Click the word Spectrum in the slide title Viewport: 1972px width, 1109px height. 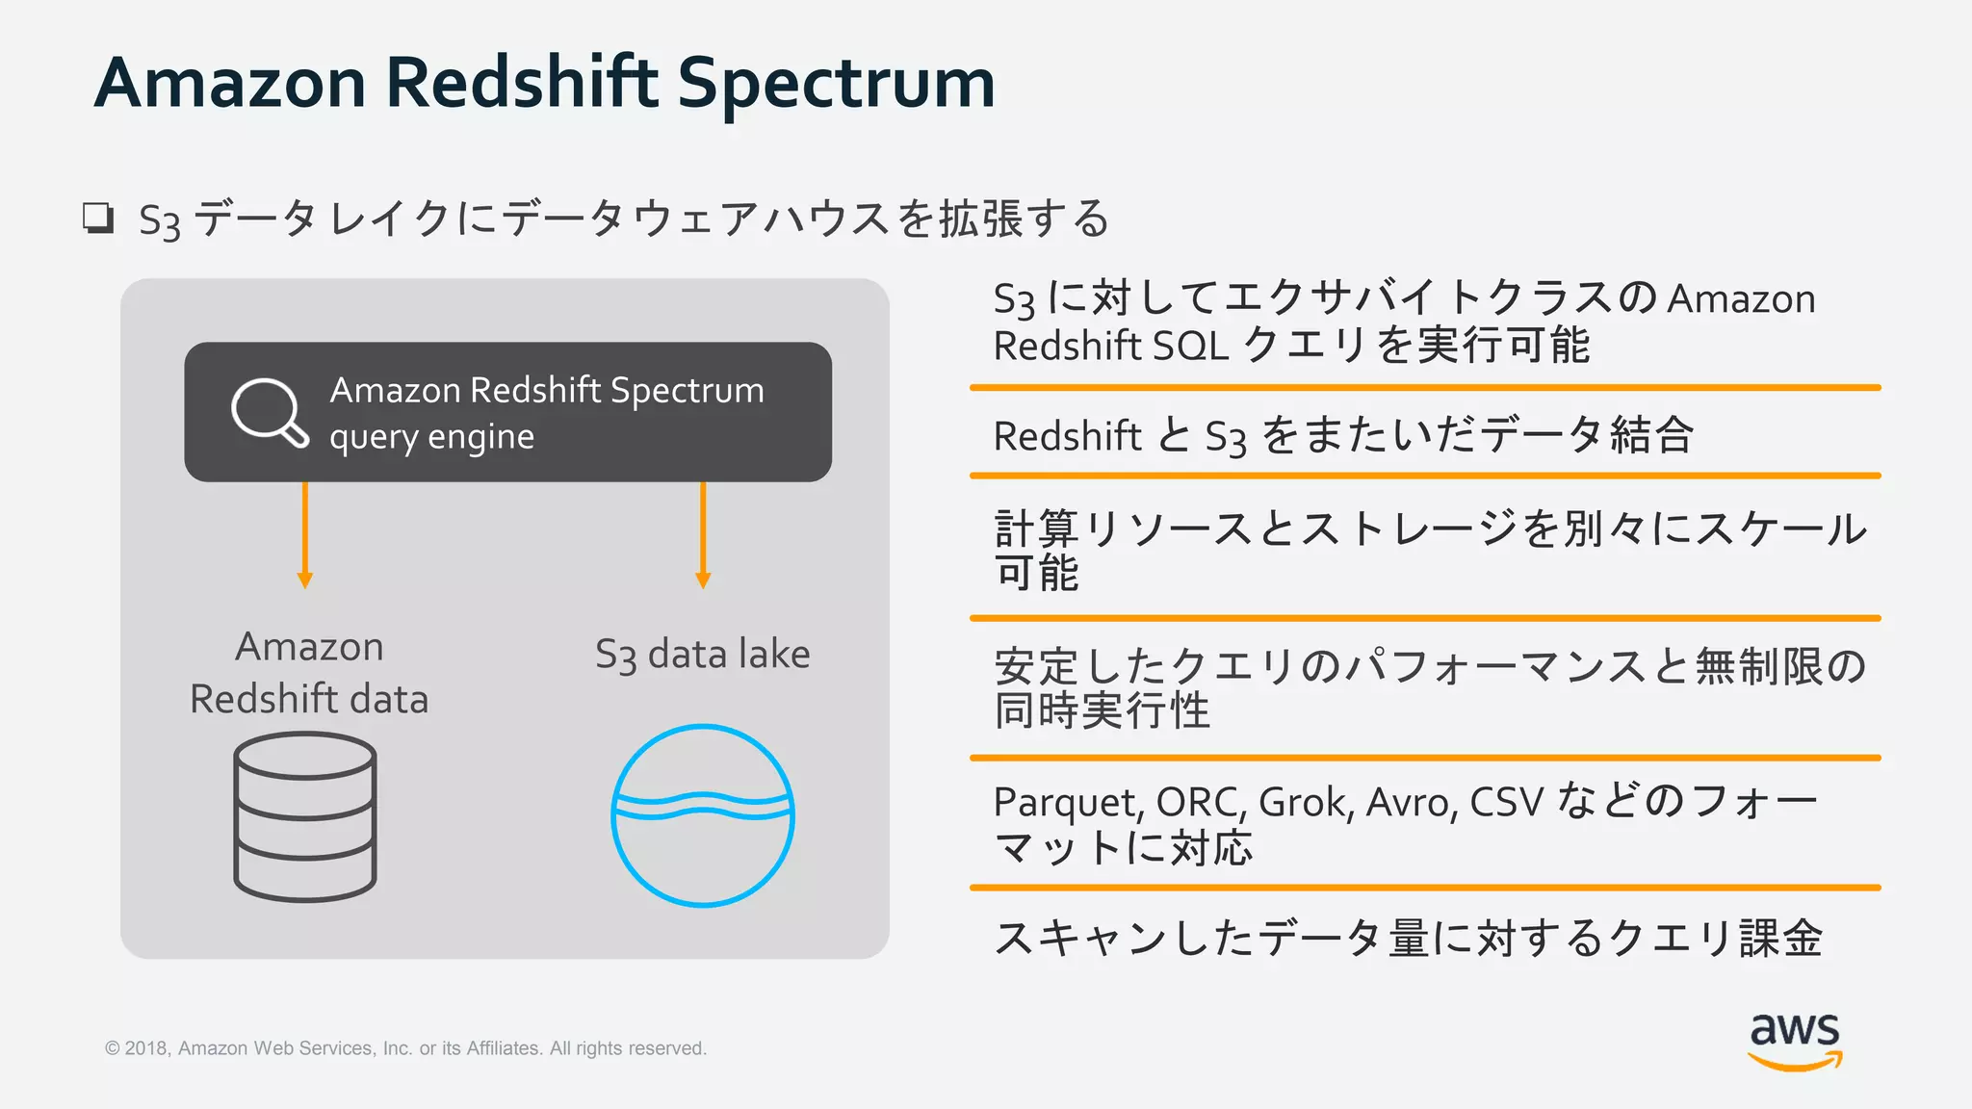click(x=836, y=85)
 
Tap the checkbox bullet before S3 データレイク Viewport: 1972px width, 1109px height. click(x=98, y=219)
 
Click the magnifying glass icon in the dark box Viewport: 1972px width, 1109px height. click(x=269, y=412)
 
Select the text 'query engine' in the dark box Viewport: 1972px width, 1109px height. click(x=431, y=437)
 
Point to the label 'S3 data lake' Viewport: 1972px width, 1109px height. click(x=702, y=655)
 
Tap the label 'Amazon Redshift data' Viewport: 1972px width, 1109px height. click(x=309, y=672)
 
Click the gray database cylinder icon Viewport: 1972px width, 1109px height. click(x=305, y=816)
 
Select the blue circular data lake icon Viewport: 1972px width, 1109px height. click(x=703, y=815)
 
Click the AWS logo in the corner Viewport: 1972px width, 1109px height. click(x=1795, y=1040)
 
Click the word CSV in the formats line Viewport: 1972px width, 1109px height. click(x=1507, y=802)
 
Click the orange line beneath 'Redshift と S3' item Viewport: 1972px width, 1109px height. click(x=1425, y=476)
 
